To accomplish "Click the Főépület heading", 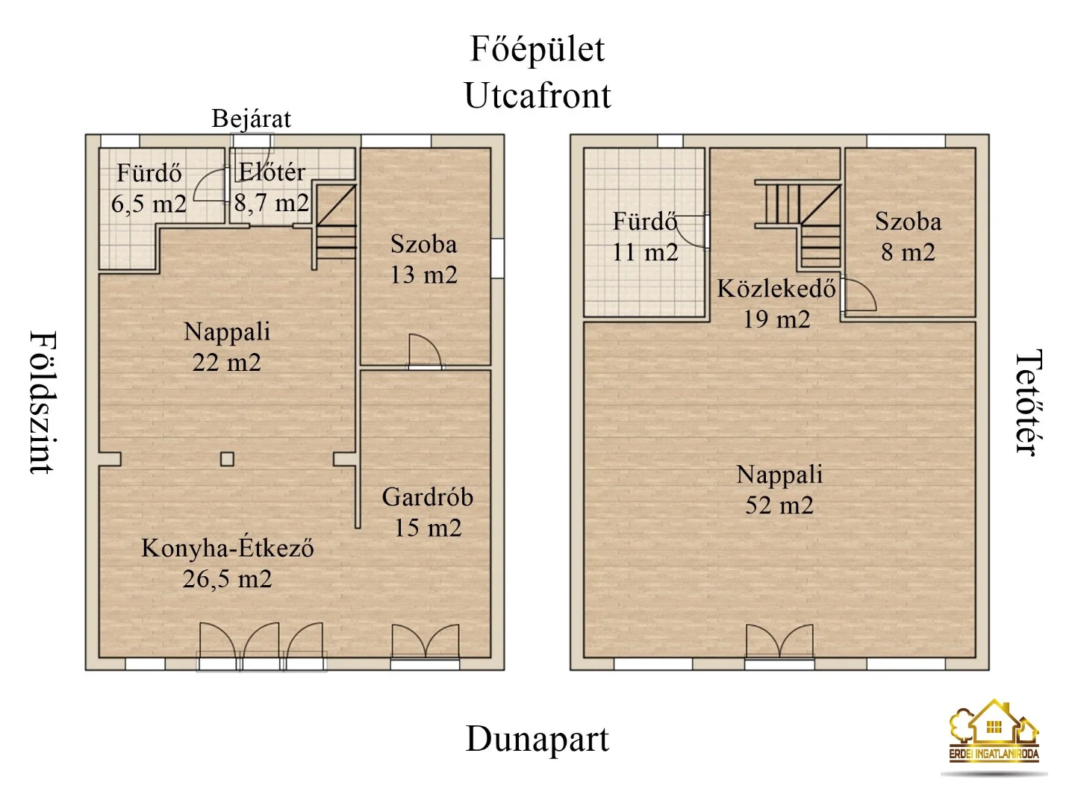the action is (x=537, y=50).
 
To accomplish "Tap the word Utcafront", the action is (x=537, y=95).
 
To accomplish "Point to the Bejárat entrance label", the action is (x=252, y=119).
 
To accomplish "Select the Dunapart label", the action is (x=537, y=739).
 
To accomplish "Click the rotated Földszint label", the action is (x=43, y=402).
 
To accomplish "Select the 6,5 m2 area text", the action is (x=149, y=204).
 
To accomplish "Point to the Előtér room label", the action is (x=272, y=172).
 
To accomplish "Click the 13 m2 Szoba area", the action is (x=423, y=275).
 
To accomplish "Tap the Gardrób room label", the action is (x=428, y=497).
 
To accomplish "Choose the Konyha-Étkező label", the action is (x=227, y=549).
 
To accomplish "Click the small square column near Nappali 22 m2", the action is (x=227, y=459).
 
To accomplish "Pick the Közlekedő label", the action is (x=776, y=289).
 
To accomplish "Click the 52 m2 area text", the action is (x=779, y=505).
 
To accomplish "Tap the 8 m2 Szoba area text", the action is (x=908, y=252).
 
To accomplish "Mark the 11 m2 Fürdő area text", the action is (x=645, y=252).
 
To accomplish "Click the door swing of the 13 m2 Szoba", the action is (x=425, y=351).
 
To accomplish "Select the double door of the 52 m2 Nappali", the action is (x=779, y=641).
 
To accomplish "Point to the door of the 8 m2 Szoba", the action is (x=859, y=295).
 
